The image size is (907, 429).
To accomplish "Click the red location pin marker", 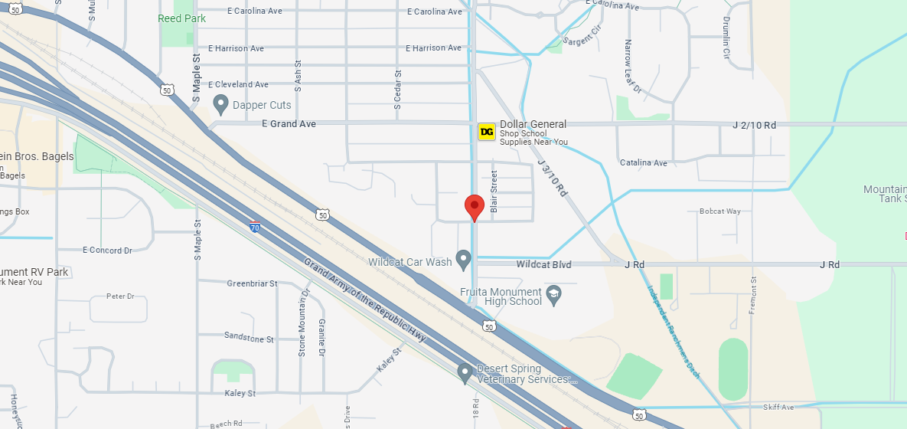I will click(475, 206).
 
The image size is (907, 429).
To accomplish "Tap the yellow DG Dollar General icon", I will click(486, 132).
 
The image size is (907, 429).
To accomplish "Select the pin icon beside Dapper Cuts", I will click(221, 103).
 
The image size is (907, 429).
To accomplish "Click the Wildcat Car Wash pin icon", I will click(463, 260).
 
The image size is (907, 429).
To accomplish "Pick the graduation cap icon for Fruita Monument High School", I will click(554, 293).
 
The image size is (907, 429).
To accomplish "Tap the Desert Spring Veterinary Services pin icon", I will click(465, 373).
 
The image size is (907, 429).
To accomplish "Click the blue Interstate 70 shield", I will click(255, 227).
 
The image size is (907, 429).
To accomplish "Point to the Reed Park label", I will click(182, 18).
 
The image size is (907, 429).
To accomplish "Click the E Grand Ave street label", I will click(289, 123).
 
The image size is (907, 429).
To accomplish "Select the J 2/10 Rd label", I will click(754, 124).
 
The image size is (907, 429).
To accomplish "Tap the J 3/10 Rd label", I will click(552, 178).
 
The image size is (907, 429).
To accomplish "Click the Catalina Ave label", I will click(644, 162).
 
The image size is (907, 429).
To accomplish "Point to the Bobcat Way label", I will click(719, 211).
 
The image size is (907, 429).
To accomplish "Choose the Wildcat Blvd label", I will click(543, 264).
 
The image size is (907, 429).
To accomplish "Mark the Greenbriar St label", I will click(252, 283).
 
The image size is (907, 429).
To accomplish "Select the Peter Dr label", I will click(120, 296).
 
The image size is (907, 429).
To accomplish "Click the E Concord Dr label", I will click(107, 250).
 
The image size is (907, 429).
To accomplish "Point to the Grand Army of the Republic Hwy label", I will click(364, 303).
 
